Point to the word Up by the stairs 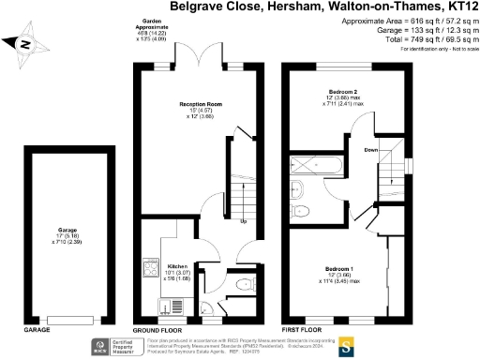[243, 222]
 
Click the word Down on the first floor [370, 149]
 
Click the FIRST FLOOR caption [303, 331]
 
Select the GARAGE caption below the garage [37, 331]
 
